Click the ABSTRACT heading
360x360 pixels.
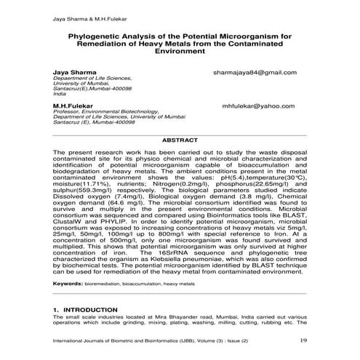[x=180, y=139]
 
